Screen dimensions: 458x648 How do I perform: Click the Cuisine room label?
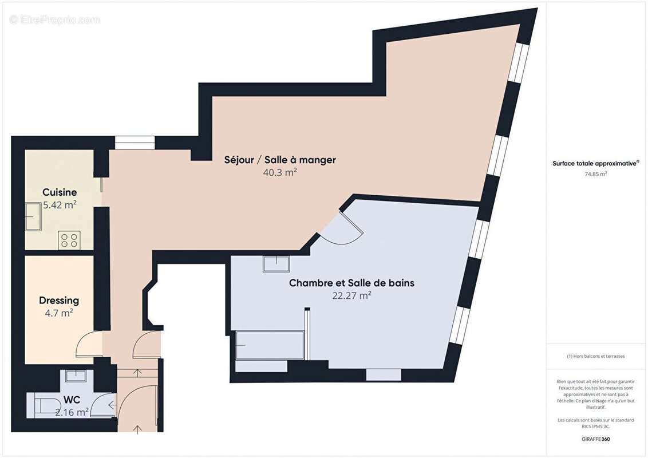coord(60,192)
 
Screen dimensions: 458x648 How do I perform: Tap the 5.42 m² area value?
coord(60,205)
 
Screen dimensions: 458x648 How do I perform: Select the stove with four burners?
coord(69,240)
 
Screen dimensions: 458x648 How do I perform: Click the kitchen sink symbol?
coord(33,218)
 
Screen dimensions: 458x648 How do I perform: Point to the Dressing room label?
coord(59,301)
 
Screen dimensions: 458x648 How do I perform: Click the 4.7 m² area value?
coord(59,313)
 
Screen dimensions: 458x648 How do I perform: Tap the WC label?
coord(72,398)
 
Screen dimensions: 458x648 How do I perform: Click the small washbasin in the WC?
coord(76,376)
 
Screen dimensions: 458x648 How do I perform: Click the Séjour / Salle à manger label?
coord(280,160)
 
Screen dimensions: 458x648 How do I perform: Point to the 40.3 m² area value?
coord(280,172)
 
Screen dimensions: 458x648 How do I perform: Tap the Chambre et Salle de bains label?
coord(351,283)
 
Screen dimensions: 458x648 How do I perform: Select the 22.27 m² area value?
coord(351,296)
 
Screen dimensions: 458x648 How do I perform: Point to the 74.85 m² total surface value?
coord(595,174)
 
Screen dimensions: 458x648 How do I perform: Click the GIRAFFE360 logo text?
coord(596,440)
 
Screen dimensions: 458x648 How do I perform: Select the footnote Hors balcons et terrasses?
coord(596,356)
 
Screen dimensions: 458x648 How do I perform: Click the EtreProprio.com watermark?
coord(55,20)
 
